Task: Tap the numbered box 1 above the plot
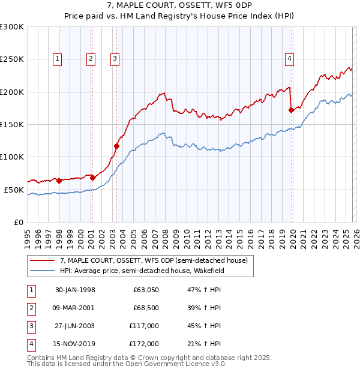coord(57,58)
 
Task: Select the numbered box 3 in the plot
coord(114,58)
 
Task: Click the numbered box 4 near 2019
coord(289,58)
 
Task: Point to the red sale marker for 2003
coord(117,146)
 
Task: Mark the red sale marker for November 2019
coord(291,110)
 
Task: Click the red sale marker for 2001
coord(92,178)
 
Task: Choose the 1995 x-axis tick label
coord(28,235)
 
